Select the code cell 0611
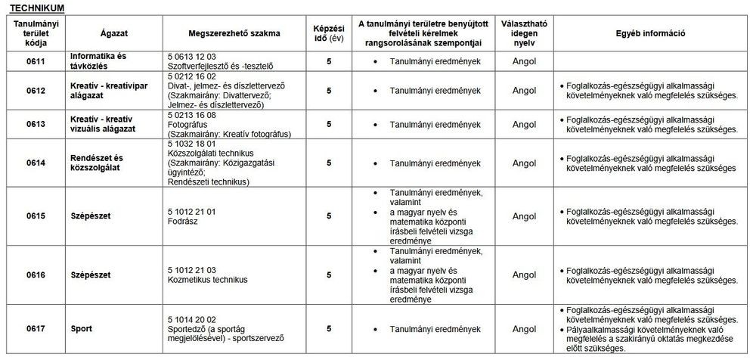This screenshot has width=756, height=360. tap(35, 61)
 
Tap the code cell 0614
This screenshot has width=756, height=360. tap(35, 163)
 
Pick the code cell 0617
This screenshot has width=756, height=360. tap(35, 329)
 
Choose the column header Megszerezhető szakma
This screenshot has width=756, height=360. tap(234, 33)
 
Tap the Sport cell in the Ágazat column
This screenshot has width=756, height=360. tap(81, 329)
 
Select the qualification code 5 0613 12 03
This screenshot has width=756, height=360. tap(192, 57)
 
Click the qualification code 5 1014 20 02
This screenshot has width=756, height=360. tap(192, 320)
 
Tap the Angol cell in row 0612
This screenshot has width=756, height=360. tap(524, 91)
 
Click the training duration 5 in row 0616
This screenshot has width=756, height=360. tap(329, 275)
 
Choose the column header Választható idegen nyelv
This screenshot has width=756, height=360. tap(524, 33)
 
